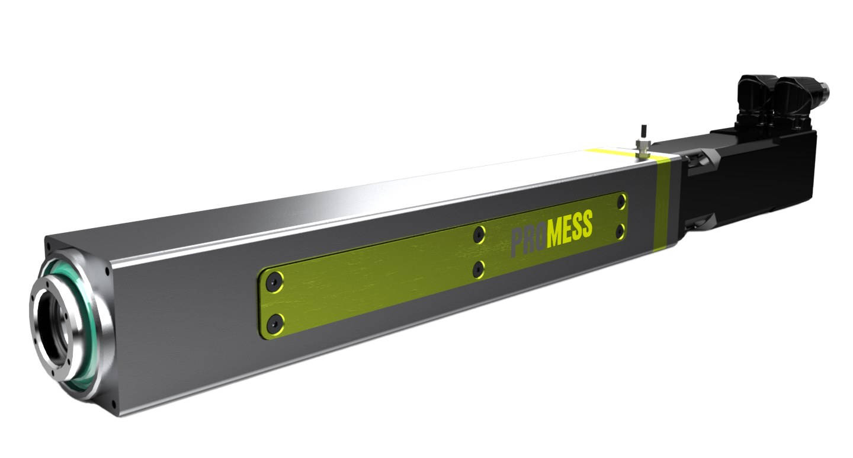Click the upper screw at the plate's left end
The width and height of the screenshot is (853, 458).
pos(274,282)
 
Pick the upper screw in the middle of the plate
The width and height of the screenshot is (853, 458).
pos(479,235)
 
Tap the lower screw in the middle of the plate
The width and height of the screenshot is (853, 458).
pos(479,270)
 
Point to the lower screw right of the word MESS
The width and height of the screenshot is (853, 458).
pos(620,230)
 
